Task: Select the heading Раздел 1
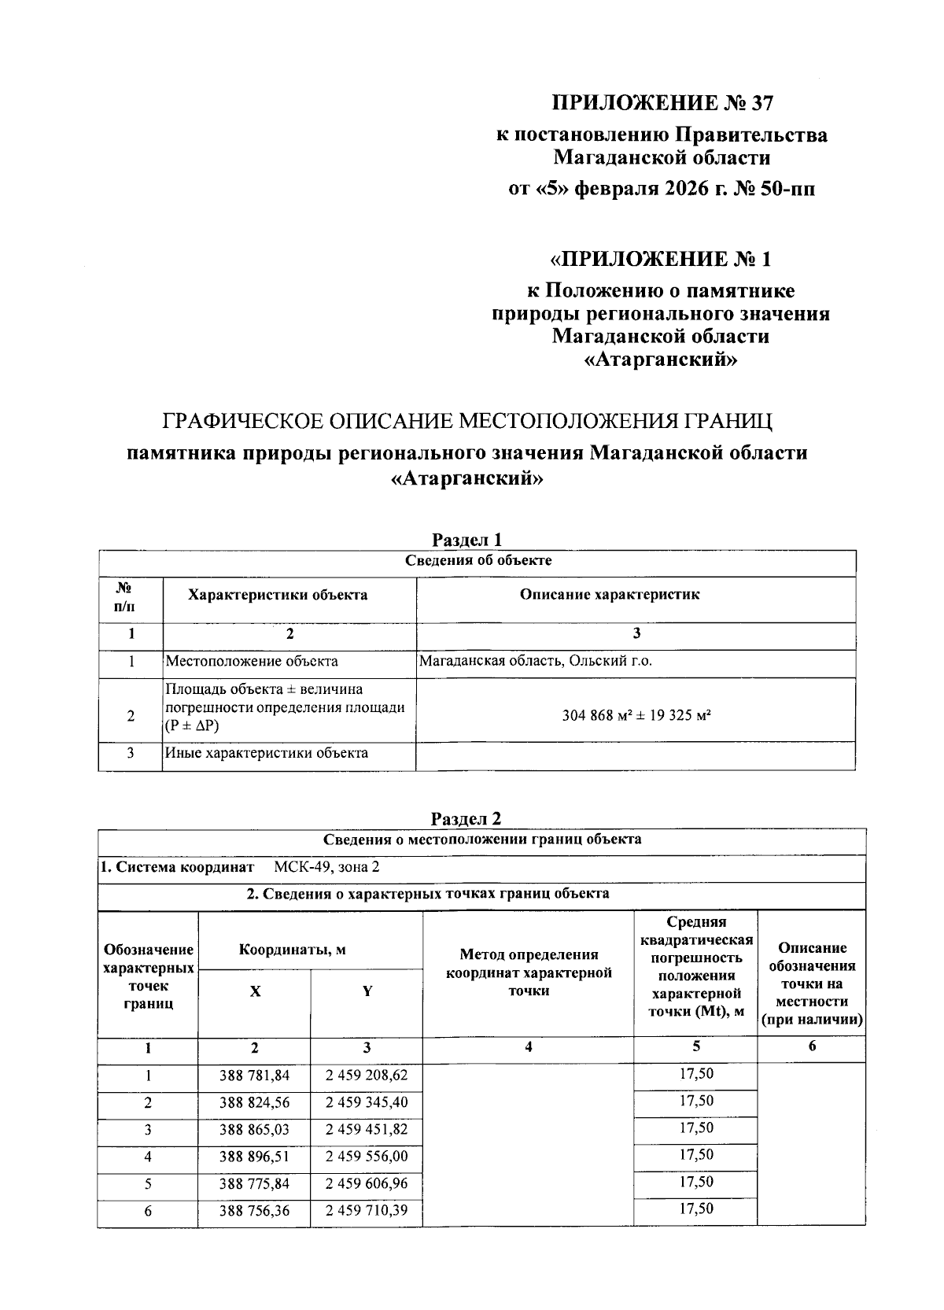(x=466, y=540)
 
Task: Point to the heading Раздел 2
(x=466, y=818)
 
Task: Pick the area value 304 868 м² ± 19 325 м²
(x=636, y=716)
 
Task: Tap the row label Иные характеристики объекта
(x=267, y=753)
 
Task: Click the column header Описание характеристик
(x=609, y=594)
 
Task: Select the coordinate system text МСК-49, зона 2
(x=326, y=867)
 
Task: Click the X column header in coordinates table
(x=255, y=991)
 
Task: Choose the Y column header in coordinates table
(x=367, y=991)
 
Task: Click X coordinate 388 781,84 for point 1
(x=255, y=1076)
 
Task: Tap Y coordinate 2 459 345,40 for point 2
(x=367, y=1102)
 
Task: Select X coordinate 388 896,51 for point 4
(x=255, y=1157)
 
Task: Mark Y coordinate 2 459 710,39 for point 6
(x=367, y=1210)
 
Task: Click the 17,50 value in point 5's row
(x=696, y=1182)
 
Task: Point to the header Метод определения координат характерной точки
(x=529, y=972)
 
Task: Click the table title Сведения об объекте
(x=478, y=561)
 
